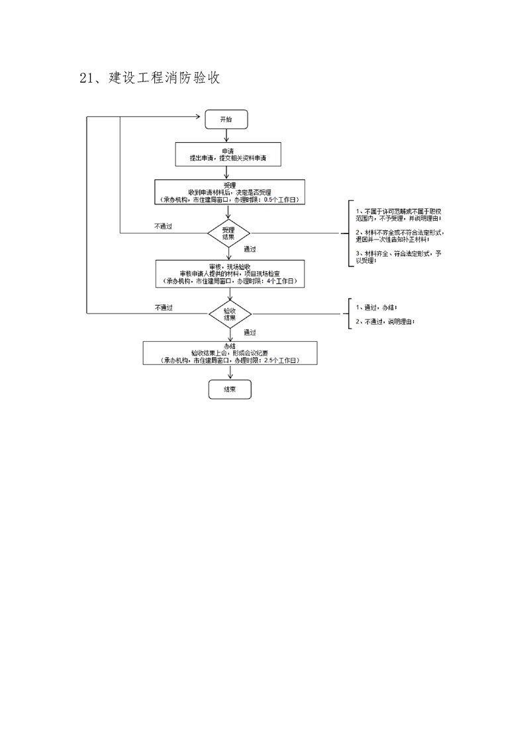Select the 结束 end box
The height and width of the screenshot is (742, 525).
point(230,390)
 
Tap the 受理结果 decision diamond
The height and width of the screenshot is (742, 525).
point(228,233)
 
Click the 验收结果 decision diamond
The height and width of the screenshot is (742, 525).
point(230,313)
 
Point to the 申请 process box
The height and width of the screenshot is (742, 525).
point(228,155)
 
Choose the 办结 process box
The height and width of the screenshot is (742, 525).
point(230,353)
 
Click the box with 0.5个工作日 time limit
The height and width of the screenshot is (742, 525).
point(229,192)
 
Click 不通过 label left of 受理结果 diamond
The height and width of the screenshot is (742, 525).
point(163,226)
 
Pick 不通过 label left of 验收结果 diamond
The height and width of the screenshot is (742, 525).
point(164,307)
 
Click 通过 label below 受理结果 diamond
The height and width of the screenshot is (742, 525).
point(250,249)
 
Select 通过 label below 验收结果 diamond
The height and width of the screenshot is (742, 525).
point(250,332)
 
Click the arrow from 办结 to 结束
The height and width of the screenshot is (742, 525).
point(230,372)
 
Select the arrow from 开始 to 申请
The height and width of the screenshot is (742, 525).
point(226,135)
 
